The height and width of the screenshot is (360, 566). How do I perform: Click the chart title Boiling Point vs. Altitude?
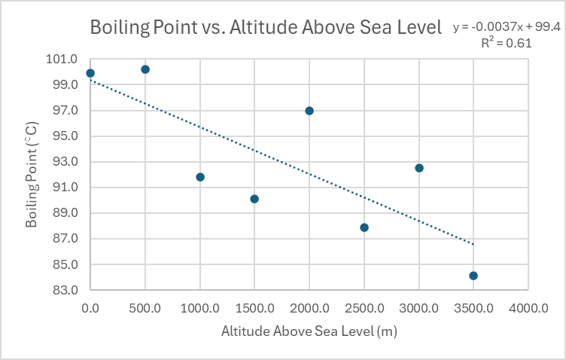click(265, 29)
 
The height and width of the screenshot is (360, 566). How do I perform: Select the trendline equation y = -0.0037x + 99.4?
click(507, 27)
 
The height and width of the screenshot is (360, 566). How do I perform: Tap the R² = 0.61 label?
click(507, 43)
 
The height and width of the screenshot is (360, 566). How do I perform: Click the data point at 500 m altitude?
click(145, 69)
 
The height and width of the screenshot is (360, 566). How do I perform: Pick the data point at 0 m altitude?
click(90, 73)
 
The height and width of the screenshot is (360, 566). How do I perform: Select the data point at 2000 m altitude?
click(309, 111)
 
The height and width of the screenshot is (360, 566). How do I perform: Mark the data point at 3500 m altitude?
click(473, 276)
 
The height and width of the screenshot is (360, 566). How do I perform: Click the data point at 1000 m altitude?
click(200, 177)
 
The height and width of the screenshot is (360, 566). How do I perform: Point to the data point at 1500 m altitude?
click(254, 199)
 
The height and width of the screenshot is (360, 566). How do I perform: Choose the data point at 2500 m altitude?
click(364, 227)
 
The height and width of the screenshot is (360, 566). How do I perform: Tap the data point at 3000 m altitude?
click(419, 168)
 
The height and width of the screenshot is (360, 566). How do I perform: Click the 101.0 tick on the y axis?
click(65, 59)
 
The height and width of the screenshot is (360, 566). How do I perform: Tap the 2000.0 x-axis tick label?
click(309, 307)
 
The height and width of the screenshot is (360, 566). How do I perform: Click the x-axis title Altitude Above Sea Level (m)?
click(309, 331)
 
